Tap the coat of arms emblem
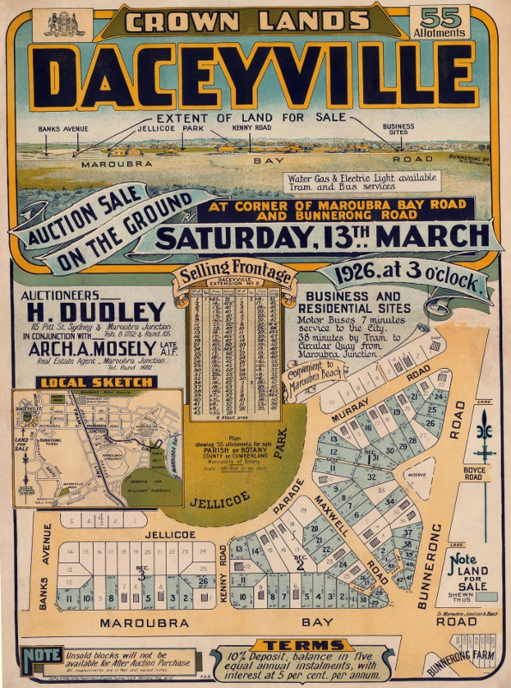point(64,22)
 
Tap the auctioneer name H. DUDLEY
point(95,310)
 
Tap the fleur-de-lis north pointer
point(486,430)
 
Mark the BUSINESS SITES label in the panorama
point(398,130)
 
